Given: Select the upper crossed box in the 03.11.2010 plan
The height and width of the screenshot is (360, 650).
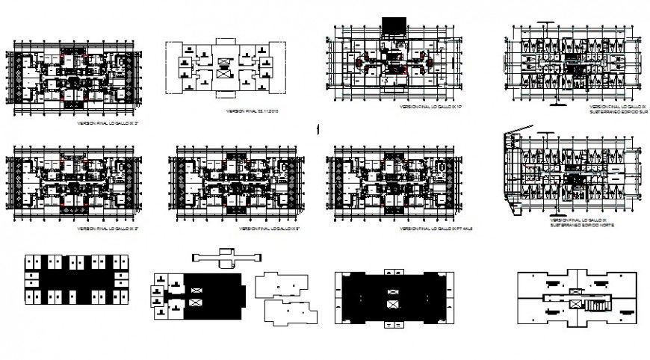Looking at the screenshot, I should coord(223,56).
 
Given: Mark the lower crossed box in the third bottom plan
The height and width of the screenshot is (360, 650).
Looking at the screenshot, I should coord(392,305).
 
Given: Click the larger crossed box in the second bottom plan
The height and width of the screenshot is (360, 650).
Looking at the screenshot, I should coord(196,302).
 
